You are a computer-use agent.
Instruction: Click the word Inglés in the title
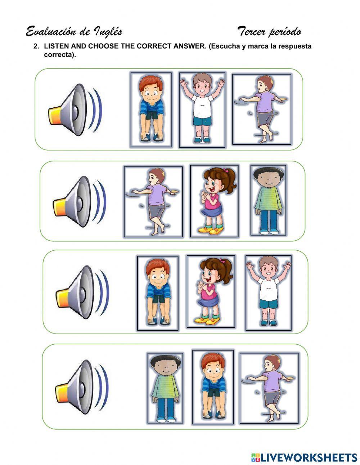108,32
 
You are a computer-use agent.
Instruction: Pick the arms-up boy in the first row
202,109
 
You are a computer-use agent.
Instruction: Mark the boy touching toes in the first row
151,109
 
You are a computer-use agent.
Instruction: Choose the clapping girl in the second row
214,201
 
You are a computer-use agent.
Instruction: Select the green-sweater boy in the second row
268,201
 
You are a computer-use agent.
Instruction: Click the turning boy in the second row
153,201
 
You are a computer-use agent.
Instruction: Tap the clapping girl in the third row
211,292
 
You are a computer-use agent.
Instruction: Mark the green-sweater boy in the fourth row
165,388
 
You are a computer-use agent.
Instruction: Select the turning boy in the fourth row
269,388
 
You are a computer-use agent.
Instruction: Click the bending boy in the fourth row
213,387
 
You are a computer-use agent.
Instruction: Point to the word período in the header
284,32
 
